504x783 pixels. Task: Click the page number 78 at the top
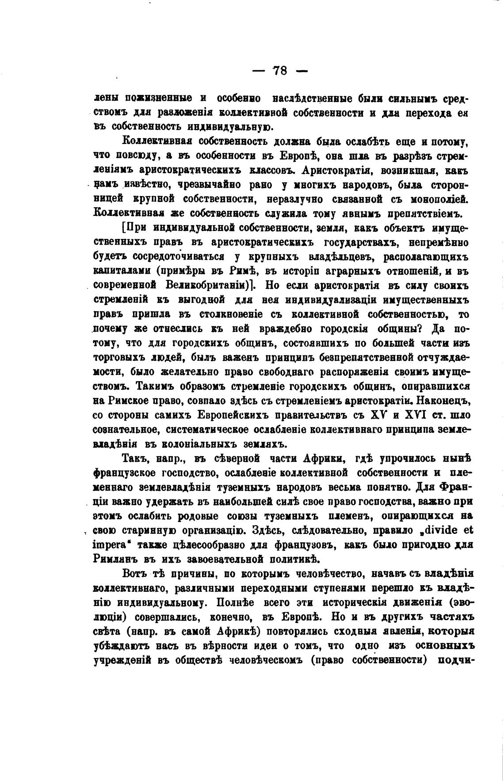(280, 71)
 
